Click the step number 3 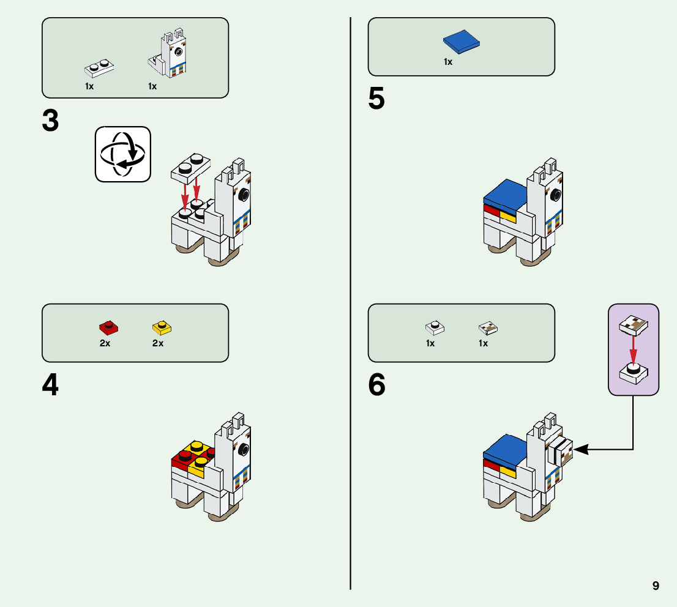[x=50, y=121]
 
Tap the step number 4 [x=50, y=385]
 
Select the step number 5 [x=376, y=100]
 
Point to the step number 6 [x=377, y=385]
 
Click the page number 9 [x=656, y=586]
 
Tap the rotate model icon [x=122, y=154]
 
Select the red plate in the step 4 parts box [x=108, y=327]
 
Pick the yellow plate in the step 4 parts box [x=162, y=327]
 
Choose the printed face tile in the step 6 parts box [x=488, y=328]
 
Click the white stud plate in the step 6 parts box [x=435, y=328]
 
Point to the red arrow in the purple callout [x=634, y=350]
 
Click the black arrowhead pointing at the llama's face [x=580, y=450]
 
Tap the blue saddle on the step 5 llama [x=506, y=195]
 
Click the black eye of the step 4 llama [x=244, y=451]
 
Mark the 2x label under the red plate [x=105, y=343]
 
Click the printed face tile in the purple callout [x=634, y=326]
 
